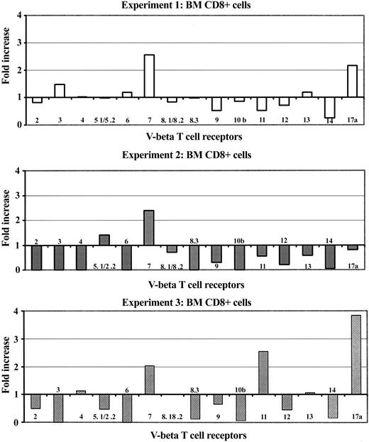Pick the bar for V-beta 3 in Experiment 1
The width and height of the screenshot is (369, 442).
point(60,90)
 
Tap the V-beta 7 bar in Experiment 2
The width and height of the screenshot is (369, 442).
point(149,227)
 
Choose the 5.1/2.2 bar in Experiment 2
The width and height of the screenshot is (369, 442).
point(104,239)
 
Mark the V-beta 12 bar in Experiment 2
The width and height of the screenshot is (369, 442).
point(284,254)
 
